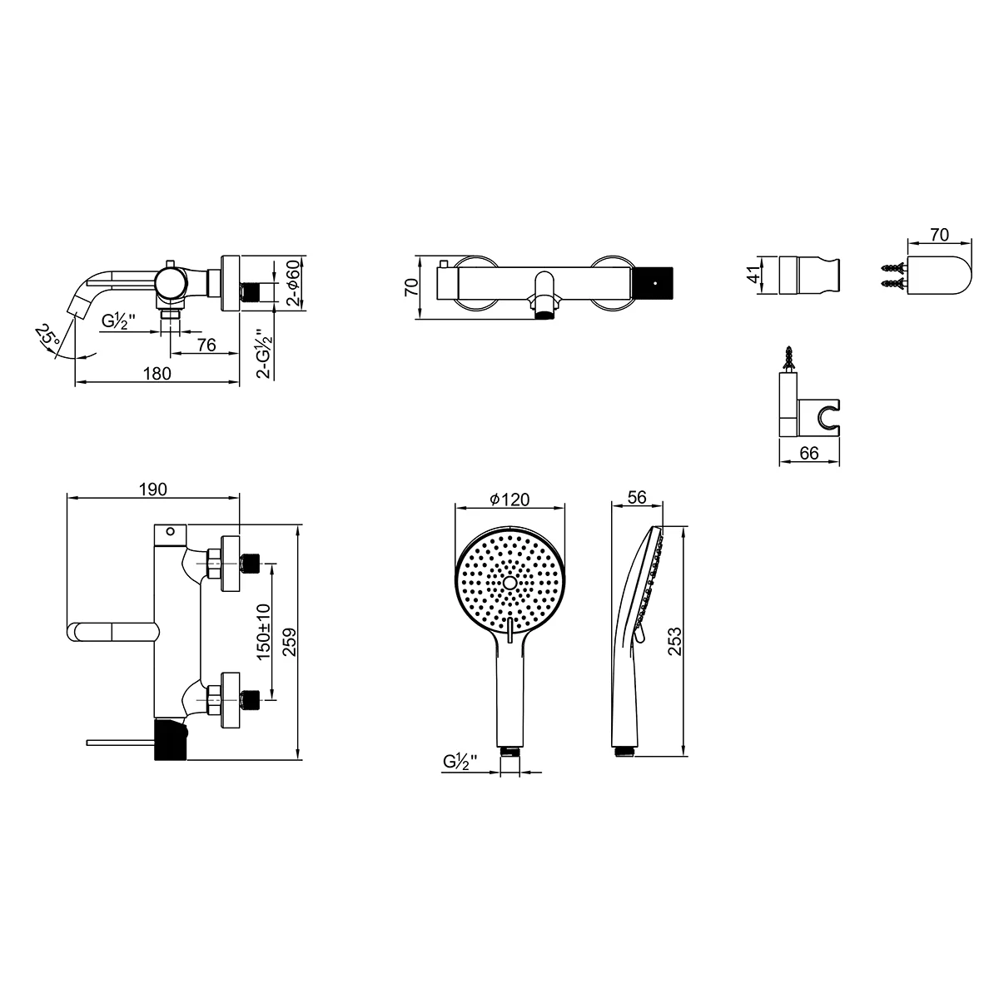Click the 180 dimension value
(157, 374)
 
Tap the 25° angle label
(47, 336)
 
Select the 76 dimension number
(206, 345)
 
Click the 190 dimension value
(153, 489)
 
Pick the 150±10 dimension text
(264, 632)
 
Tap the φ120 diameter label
(509, 499)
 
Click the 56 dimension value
(637, 497)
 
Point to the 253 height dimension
(674, 641)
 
